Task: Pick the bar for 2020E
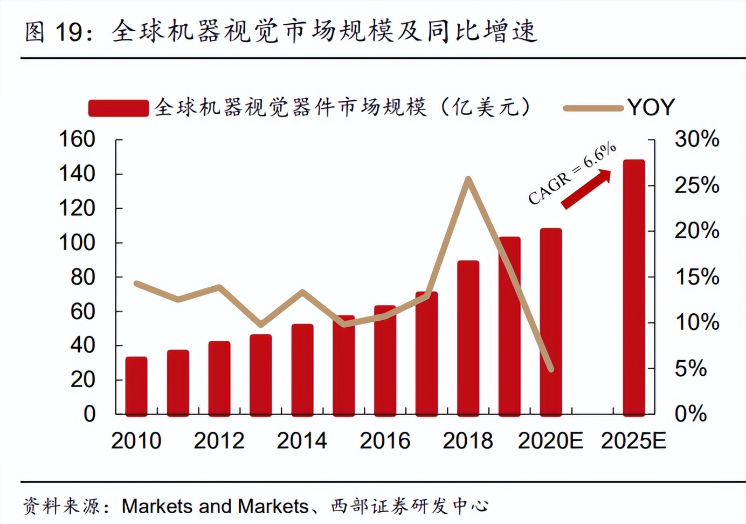pyautogui.click(x=551, y=321)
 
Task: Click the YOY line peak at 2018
pyautogui.click(x=468, y=179)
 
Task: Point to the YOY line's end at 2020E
pyautogui.click(x=551, y=370)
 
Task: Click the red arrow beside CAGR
pyautogui.click(x=586, y=189)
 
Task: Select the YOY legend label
pyautogui.click(x=651, y=107)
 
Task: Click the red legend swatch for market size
pyautogui.click(x=118, y=108)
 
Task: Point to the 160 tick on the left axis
pyautogui.click(x=77, y=139)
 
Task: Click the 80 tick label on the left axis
pyautogui.click(x=82, y=277)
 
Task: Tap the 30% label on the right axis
pyautogui.click(x=697, y=139)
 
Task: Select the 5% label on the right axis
pyautogui.click(x=691, y=369)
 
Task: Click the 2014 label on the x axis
pyautogui.click(x=302, y=441)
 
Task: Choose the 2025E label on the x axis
pyautogui.click(x=634, y=441)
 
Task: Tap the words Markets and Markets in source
pyautogui.click(x=215, y=506)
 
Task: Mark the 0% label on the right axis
pyautogui.click(x=691, y=414)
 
